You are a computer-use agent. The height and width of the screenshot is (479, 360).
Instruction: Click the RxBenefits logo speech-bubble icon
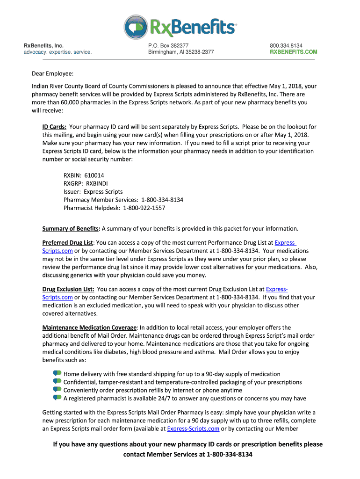(x=136, y=27)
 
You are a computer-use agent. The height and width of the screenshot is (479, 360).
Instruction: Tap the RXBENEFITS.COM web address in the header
(x=293, y=52)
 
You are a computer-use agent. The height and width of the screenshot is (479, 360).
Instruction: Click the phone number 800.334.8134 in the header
(x=286, y=45)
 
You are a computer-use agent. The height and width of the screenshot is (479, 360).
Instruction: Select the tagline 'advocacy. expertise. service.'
(x=58, y=52)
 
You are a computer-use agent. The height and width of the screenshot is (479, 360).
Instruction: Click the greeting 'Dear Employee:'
(x=52, y=73)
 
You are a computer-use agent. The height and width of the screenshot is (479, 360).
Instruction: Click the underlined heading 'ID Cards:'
(x=54, y=127)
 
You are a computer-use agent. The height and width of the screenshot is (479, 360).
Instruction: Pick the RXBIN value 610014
(x=94, y=175)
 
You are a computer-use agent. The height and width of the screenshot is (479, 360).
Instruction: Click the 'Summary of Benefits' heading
(x=71, y=229)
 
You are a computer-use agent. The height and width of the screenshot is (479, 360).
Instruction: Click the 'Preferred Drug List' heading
(x=68, y=243)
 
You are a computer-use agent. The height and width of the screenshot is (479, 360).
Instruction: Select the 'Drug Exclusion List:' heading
(x=68, y=290)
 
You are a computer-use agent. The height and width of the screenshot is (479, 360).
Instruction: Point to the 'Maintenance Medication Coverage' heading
(x=89, y=327)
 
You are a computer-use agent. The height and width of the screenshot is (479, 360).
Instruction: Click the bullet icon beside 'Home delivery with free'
(x=57, y=374)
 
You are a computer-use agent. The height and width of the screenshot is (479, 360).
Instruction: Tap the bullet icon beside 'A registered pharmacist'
(x=57, y=398)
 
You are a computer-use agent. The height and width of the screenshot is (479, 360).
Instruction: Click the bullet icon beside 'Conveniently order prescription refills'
(x=57, y=390)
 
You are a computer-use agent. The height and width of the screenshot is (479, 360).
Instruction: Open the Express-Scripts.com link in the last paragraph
(x=193, y=428)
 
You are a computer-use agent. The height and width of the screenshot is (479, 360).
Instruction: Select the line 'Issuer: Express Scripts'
(x=93, y=191)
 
